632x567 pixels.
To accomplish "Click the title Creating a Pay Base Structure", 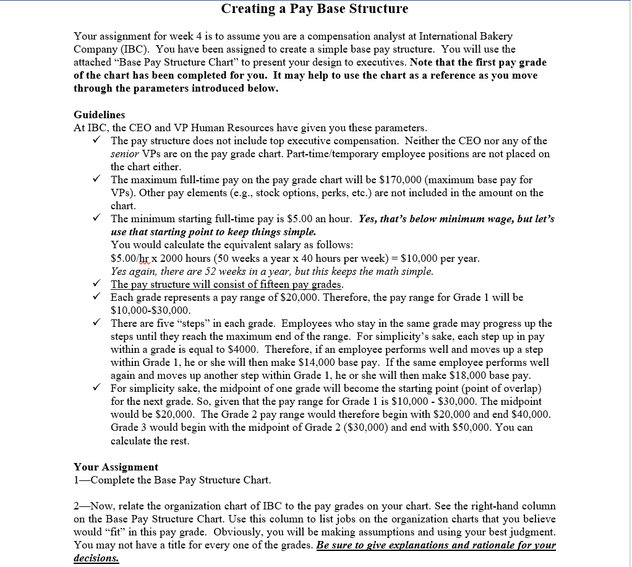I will [315, 9].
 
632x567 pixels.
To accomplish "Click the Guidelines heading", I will [99, 115].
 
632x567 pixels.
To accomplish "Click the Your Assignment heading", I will [116, 467].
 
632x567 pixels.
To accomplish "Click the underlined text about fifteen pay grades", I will [226, 285].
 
